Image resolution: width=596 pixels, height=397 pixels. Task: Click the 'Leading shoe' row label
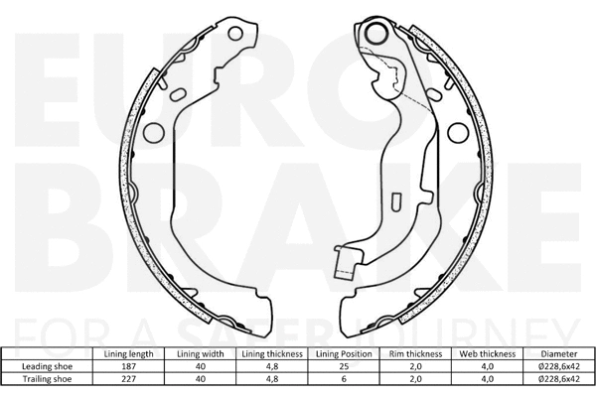pos(48,366)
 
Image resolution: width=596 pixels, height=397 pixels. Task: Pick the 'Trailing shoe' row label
pos(48,378)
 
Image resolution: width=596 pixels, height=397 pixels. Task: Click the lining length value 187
pos(127,366)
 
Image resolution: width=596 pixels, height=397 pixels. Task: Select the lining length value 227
pos(127,378)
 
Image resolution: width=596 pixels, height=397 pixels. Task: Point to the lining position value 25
pos(340,366)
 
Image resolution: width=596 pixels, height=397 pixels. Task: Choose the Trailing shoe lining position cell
pos(340,378)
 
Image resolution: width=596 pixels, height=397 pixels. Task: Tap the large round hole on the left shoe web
pos(154,131)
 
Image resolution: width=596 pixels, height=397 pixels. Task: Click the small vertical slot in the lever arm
pos(395,202)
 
